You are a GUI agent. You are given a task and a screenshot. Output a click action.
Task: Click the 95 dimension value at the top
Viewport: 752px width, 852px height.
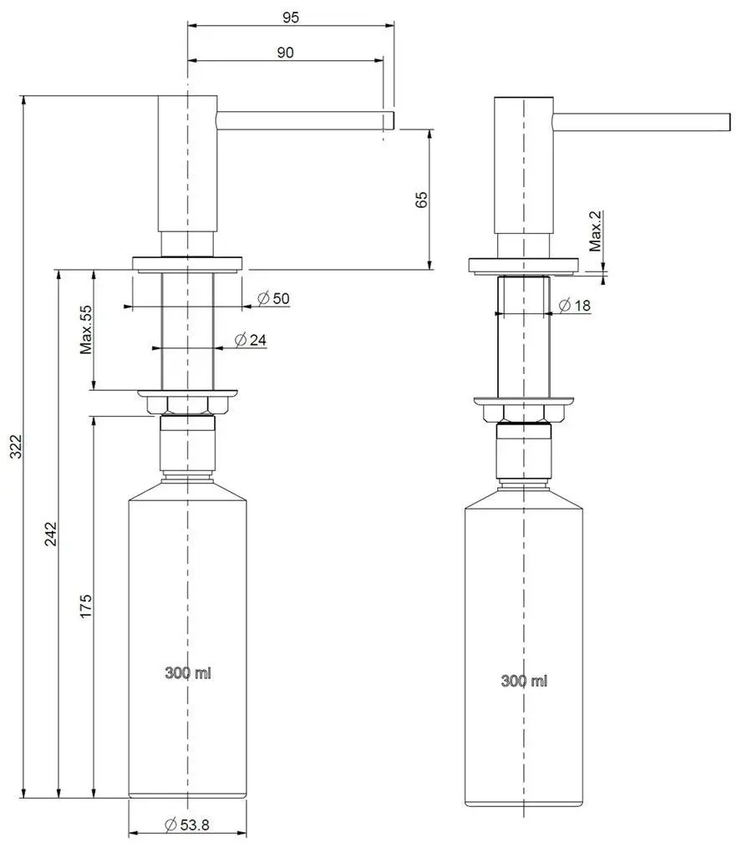(x=291, y=18)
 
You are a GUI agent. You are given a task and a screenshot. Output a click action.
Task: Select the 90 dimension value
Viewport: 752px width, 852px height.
(x=285, y=52)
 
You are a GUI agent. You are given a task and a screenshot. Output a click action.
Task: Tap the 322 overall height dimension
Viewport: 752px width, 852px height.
(x=17, y=446)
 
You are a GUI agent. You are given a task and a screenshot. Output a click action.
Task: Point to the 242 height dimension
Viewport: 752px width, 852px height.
(x=50, y=534)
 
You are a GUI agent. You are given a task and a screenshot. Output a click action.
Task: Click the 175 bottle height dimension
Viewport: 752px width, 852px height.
(x=86, y=606)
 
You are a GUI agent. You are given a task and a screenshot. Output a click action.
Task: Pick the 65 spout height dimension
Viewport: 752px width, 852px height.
(x=422, y=200)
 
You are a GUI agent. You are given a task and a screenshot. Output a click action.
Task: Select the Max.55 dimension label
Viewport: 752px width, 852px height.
(x=86, y=330)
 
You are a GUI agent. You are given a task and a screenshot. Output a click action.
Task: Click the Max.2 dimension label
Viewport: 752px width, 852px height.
(x=596, y=231)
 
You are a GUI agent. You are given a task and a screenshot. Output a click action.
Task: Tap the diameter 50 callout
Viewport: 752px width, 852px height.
(x=274, y=298)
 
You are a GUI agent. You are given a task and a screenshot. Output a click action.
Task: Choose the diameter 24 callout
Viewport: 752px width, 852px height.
(x=251, y=340)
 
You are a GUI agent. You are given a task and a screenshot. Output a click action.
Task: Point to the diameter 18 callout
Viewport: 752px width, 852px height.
(x=575, y=306)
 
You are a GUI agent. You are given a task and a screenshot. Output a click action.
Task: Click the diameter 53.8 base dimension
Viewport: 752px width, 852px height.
(x=187, y=824)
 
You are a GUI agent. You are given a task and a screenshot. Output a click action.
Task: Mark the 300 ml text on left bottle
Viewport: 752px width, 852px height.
(x=188, y=672)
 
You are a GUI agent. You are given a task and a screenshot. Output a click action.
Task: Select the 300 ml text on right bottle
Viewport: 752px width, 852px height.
(x=524, y=680)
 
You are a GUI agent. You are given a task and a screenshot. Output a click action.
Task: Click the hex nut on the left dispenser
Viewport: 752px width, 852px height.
(x=187, y=406)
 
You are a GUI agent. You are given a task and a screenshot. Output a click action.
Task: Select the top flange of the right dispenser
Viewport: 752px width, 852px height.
(x=523, y=266)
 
